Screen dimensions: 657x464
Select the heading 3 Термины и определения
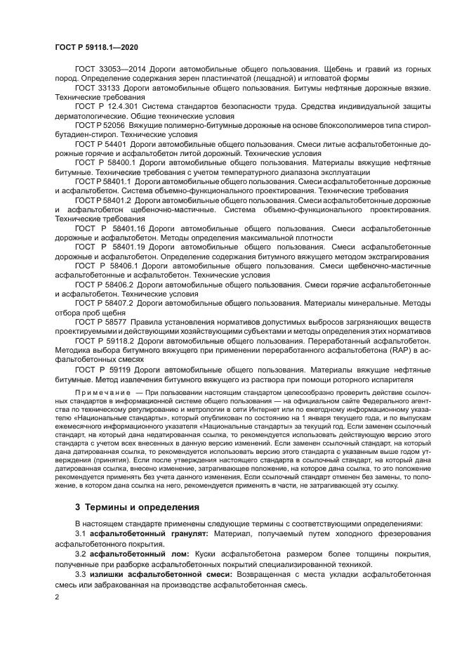pos(137,507)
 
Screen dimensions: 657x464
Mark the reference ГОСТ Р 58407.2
pos(104,303)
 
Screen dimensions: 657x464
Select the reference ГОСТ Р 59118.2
pos(105,339)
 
